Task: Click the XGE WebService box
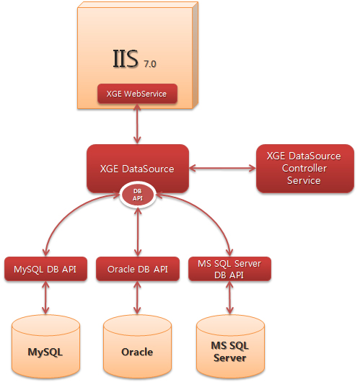[137, 94]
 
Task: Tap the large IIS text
[126, 58]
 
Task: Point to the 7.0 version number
[150, 64]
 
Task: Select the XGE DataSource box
[138, 169]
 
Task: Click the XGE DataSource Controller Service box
[305, 169]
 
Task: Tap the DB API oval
[138, 195]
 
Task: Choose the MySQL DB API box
[45, 269]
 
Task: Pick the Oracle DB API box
[138, 269]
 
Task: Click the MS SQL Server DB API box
[229, 269]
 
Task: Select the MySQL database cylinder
[45, 347]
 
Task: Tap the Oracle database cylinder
[137, 347]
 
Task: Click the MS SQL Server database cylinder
[230, 347]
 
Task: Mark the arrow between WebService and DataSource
[137, 124]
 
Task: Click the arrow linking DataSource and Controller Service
[222, 168]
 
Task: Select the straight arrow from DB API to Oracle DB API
[138, 232]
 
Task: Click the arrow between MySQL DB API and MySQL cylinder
[45, 298]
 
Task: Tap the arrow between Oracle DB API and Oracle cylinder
[137, 298]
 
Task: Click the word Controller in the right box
[304, 168]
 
